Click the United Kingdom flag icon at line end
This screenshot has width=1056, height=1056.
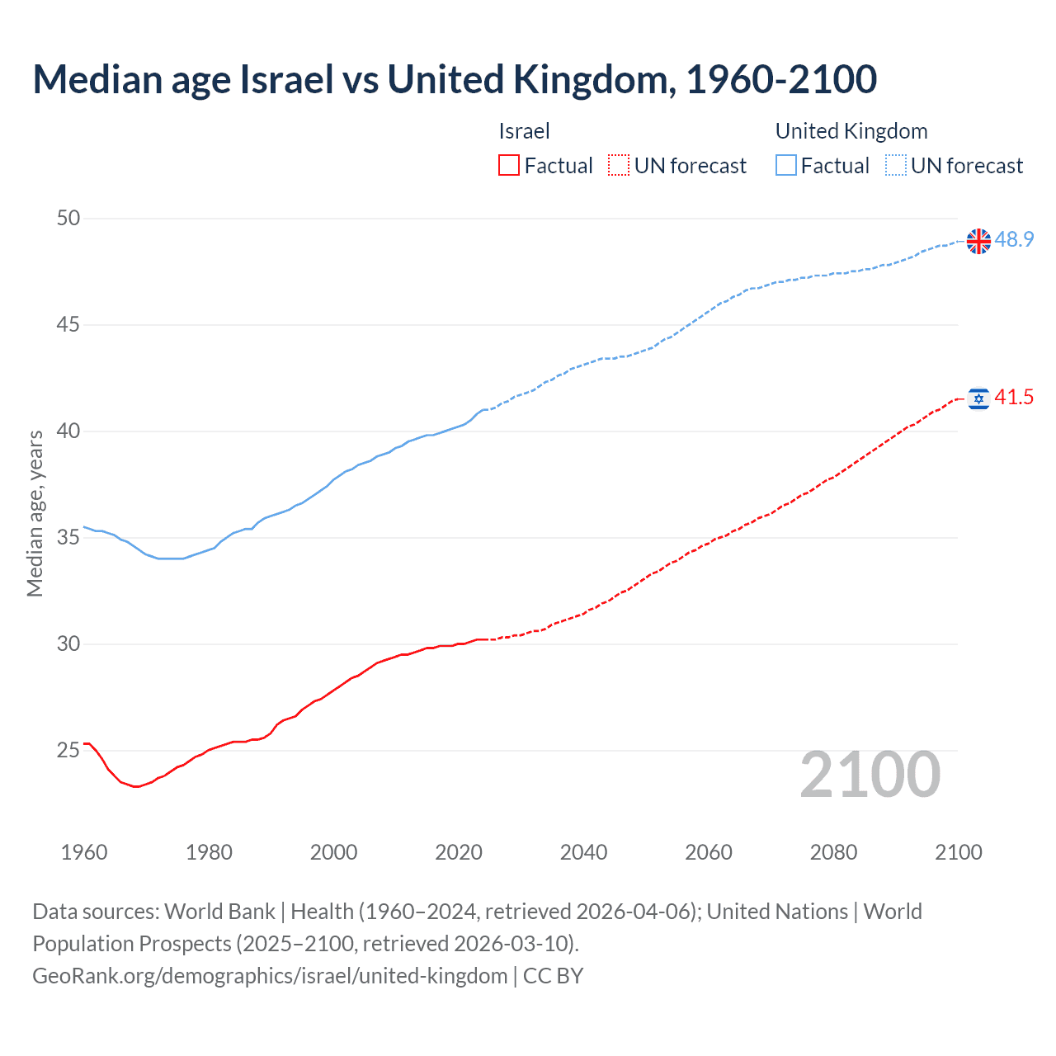click(x=978, y=241)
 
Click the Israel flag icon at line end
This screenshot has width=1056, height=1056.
click(x=978, y=399)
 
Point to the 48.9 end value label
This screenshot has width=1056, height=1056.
click(x=1014, y=239)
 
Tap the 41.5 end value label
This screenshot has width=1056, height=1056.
click(x=1014, y=398)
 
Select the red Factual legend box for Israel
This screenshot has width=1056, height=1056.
click(x=509, y=166)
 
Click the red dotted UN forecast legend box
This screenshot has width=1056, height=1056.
click(x=619, y=166)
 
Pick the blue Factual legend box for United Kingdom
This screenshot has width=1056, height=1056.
click(x=786, y=166)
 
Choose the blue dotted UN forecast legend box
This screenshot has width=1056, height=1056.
click(x=896, y=166)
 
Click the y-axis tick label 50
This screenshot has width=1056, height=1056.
click(x=68, y=219)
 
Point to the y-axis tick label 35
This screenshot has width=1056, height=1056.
click(x=68, y=538)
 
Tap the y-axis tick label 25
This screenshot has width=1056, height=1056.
click(x=68, y=751)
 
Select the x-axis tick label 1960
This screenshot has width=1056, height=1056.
click(x=84, y=852)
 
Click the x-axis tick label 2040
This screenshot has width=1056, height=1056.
click(x=583, y=852)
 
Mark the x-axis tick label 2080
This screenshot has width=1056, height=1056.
click(x=833, y=852)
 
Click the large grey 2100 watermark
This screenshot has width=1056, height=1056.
click(x=870, y=775)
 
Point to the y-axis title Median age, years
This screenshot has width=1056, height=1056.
click(x=35, y=513)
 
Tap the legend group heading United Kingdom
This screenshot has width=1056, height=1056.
click(x=851, y=131)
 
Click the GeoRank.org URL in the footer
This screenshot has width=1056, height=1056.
click(x=270, y=976)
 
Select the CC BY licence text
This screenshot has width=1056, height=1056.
click(x=554, y=976)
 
